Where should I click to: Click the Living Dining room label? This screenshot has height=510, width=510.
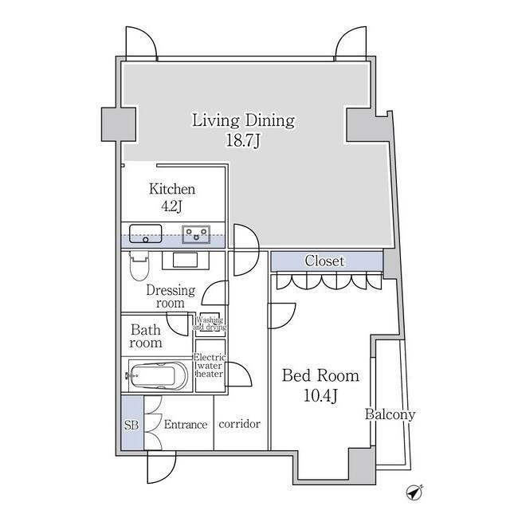tap(243, 120)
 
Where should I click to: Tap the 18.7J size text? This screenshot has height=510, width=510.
tap(243, 141)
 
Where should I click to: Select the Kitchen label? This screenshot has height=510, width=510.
tap(172, 189)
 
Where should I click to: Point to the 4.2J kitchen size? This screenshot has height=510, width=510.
tap(171, 206)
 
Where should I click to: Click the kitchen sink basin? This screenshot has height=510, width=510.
tap(145, 233)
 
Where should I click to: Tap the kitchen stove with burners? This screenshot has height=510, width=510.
tap(196, 234)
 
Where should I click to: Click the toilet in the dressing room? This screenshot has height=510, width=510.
tap(139, 265)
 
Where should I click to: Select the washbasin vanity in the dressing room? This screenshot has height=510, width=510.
tap(186, 260)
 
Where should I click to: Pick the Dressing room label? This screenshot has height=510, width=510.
tap(171, 296)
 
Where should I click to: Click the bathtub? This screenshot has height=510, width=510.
tap(158, 375)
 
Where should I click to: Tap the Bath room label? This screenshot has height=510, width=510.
tap(145, 336)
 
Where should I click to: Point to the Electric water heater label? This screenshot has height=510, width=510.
tap(210, 366)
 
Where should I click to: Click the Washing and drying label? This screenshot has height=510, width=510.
tap(210, 324)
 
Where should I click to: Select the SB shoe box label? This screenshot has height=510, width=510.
tap(131, 425)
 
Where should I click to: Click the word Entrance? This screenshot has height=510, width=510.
tap(186, 424)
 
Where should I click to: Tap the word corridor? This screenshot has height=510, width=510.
tap(239, 424)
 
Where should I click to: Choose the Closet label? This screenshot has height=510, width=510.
tap(324, 261)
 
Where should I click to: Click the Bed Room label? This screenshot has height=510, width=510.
tap(320, 375)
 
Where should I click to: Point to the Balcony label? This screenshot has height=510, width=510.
tap(390, 414)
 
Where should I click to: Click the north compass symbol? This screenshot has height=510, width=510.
tap(414, 492)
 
